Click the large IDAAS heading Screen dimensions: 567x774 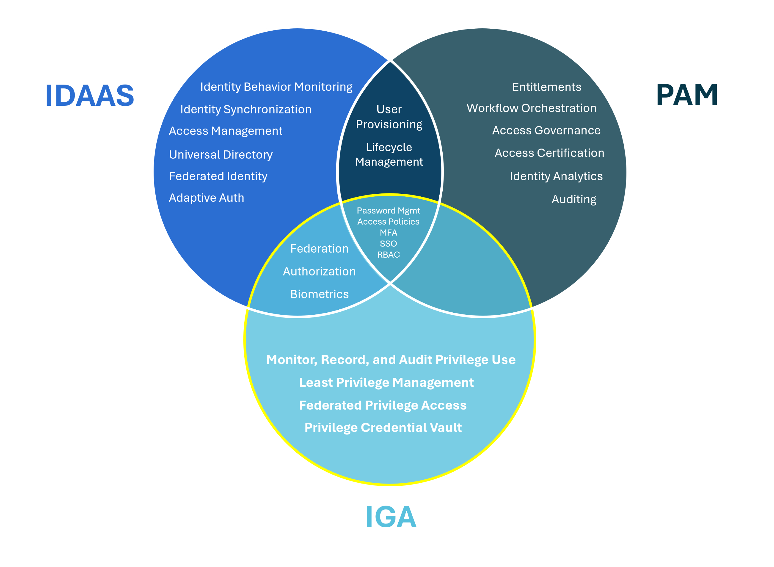(x=90, y=95)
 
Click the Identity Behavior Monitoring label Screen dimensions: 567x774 (x=276, y=87)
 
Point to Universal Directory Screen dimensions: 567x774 (x=221, y=155)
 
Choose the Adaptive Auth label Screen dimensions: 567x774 (x=206, y=198)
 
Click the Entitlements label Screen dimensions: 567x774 (x=546, y=87)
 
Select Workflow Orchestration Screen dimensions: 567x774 (x=531, y=108)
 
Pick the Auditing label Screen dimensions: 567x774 (x=574, y=199)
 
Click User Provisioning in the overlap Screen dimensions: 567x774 (x=389, y=117)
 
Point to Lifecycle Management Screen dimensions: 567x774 (x=389, y=155)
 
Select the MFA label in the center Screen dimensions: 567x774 (x=388, y=233)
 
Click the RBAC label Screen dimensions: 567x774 (x=388, y=255)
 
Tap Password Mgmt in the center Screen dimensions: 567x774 (x=388, y=210)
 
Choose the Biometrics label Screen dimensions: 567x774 (x=320, y=294)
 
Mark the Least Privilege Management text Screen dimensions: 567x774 (x=386, y=382)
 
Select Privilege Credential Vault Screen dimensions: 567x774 (x=383, y=428)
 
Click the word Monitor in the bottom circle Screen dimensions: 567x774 (x=292, y=360)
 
